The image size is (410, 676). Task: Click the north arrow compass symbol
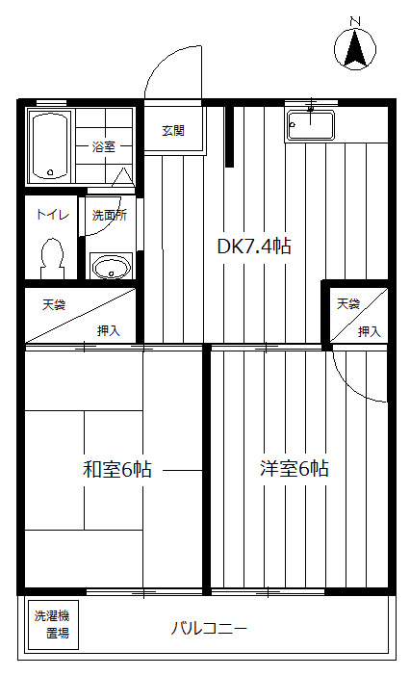tap(355, 48)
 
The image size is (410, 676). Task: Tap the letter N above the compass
tap(354, 20)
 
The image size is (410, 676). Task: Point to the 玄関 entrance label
tap(173, 130)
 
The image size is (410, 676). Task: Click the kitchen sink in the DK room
tap(310, 125)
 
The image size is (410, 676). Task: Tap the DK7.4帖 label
tap(253, 247)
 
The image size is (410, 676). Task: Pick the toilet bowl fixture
tap(51, 256)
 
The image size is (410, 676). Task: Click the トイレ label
tap(51, 215)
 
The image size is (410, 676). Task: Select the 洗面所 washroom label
tap(109, 215)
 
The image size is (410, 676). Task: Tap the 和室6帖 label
tap(115, 470)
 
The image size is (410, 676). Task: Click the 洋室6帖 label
tap(294, 469)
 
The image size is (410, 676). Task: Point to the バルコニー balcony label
tap(209, 629)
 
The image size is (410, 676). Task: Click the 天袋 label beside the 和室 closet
tap(53, 304)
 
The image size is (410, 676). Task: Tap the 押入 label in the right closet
tap(369, 330)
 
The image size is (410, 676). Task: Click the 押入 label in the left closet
tap(108, 330)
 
